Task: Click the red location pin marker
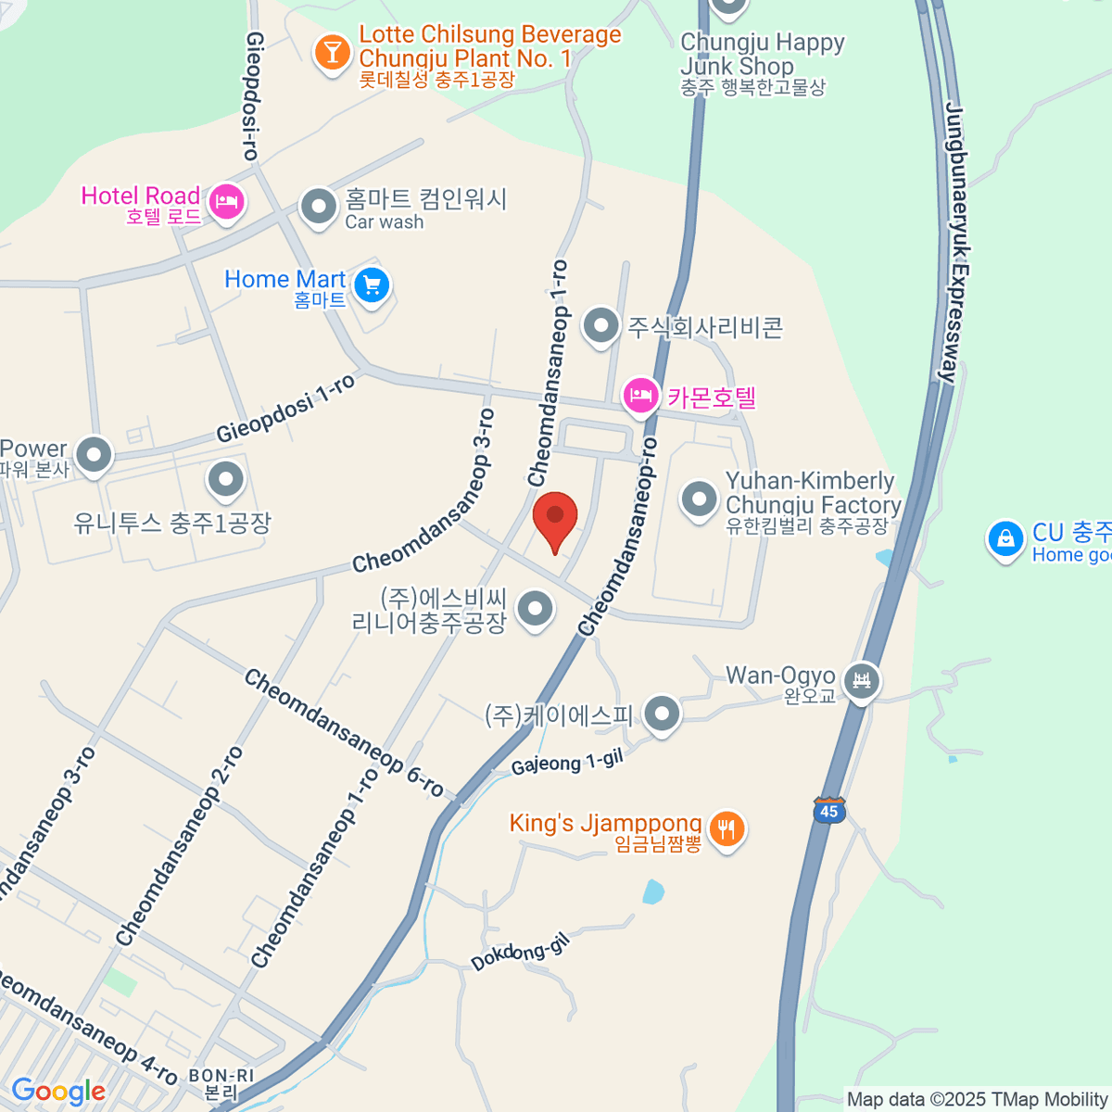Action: coord(555,519)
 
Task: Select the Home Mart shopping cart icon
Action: coord(373,284)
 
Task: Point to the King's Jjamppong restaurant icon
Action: coord(726,828)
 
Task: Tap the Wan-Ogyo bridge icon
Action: coord(863,682)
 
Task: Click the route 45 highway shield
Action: coord(828,811)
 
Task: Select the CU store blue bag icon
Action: coord(1005,538)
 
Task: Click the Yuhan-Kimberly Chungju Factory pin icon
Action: coord(699,499)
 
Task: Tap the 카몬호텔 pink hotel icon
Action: coord(640,396)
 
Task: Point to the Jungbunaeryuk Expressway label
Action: coord(955,241)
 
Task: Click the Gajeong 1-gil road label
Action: coord(566,762)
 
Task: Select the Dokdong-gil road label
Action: coord(519,953)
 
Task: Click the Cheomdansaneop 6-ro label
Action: coord(344,732)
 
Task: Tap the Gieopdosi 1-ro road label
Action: coord(286,408)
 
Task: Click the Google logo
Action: coord(57,1092)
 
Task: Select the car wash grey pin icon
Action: coord(319,207)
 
